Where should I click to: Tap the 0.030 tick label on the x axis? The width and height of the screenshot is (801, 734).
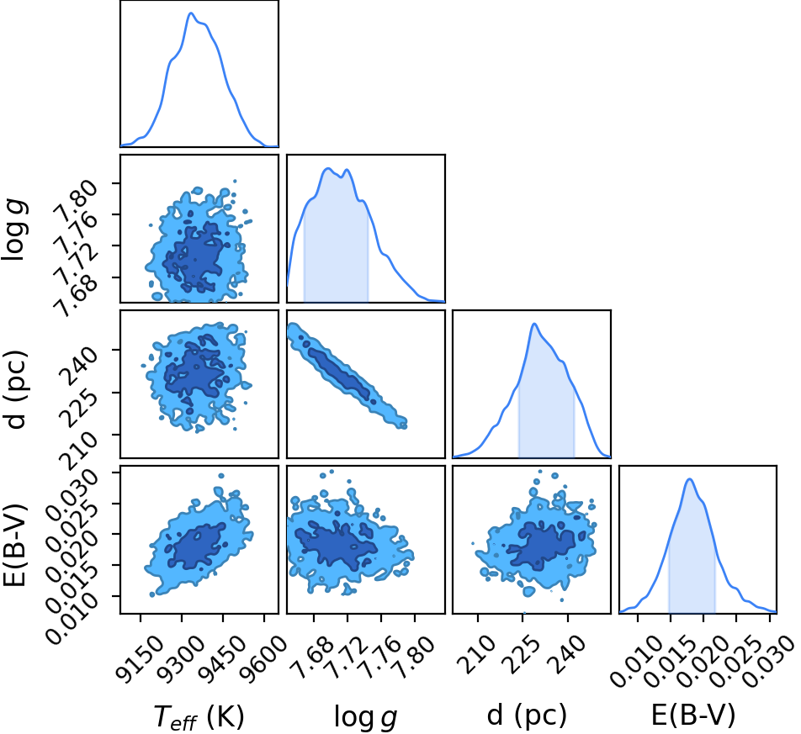click(x=767, y=662)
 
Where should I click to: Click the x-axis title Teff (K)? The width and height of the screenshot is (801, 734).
click(x=199, y=717)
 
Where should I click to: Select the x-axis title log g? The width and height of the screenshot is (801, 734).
click(x=365, y=717)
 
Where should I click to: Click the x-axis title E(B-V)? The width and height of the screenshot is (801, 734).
click(x=693, y=716)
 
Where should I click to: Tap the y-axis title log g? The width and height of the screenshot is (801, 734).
click(x=14, y=230)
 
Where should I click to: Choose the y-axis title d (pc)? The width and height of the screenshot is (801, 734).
click(x=14, y=389)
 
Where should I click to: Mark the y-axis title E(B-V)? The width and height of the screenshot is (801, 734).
click(x=13, y=545)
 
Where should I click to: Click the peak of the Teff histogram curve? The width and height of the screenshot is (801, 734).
click(x=190, y=13)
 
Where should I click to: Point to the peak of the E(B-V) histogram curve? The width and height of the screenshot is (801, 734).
click(x=690, y=478)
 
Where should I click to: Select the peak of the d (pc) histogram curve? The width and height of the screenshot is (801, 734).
click(x=534, y=324)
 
